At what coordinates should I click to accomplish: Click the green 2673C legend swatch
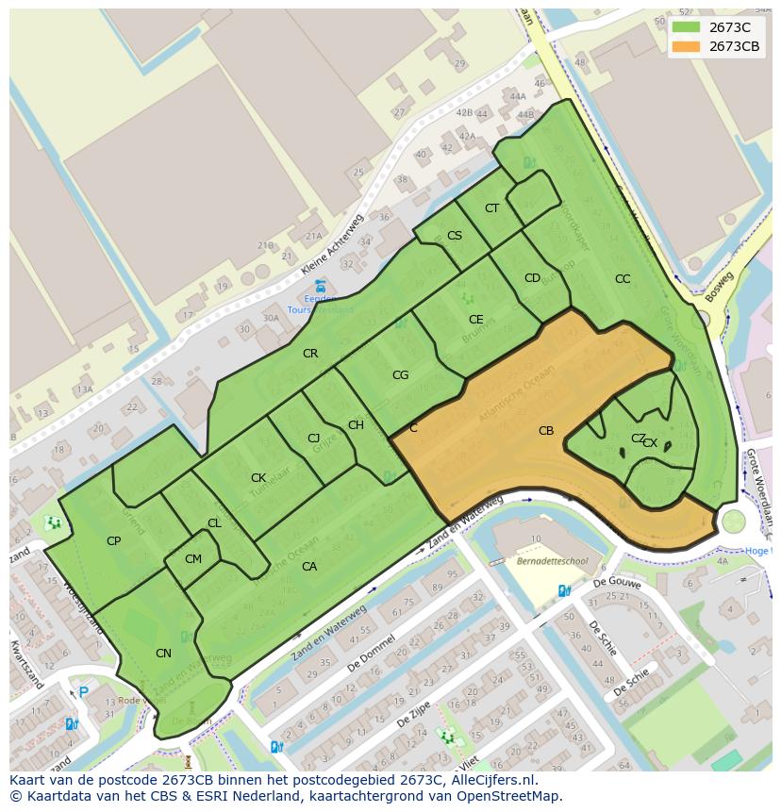tap(687, 27)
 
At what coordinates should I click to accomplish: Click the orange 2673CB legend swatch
tap(687, 47)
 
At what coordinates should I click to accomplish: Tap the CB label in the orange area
tap(546, 431)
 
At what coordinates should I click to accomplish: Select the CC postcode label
tap(623, 279)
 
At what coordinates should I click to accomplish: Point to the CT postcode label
tap(491, 208)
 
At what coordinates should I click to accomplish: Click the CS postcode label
tap(455, 236)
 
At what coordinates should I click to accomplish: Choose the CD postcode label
tap(532, 278)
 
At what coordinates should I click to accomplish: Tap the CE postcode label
tap(476, 320)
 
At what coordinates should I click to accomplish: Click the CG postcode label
tap(400, 375)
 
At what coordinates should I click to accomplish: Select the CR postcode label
tap(310, 354)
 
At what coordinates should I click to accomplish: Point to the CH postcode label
tap(356, 425)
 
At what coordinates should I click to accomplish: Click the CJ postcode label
tap(314, 439)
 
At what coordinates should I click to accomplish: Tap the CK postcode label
tap(258, 478)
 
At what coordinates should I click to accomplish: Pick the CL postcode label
tap(214, 523)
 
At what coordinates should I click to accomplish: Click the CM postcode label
tap(193, 559)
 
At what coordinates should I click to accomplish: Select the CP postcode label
tap(113, 541)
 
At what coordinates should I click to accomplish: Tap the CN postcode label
tap(163, 654)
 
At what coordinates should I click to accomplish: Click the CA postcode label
tap(309, 567)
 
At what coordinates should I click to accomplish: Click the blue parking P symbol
tap(83, 692)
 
